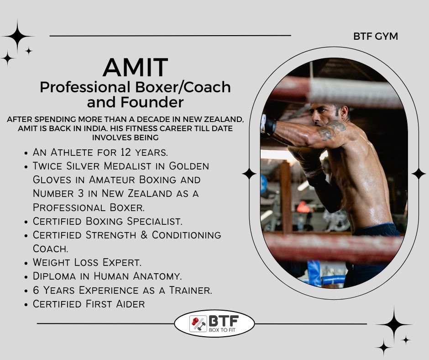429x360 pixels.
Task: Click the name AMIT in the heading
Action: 135,68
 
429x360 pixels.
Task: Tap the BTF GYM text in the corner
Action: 375,37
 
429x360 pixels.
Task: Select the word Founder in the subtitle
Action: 152,102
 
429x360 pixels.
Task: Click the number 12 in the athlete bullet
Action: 126,152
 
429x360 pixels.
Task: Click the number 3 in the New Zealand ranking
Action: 81,193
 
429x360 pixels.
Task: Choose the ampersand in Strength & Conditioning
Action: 144,235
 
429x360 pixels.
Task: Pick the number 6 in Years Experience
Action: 36,290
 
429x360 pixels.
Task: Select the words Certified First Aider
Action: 89,304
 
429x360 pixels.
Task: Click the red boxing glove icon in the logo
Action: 195,321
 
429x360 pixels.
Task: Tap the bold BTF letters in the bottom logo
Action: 224,321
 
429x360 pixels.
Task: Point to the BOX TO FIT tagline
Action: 222,330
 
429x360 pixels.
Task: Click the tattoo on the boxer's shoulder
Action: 332,130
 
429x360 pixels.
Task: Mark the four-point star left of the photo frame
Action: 249,174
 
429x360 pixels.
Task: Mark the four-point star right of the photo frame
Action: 419,174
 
